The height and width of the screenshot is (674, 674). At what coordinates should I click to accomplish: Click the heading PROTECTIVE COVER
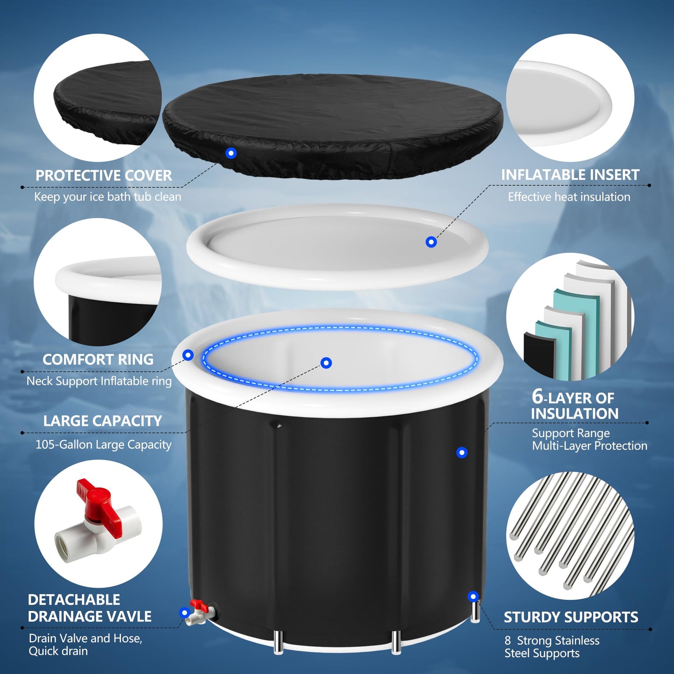click(x=104, y=175)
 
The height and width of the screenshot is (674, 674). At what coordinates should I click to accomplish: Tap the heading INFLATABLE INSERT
click(x=570, y=175)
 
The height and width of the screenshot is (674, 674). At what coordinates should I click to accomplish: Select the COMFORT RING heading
click(x=98, y=360)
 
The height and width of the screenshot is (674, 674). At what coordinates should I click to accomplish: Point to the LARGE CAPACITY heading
click(x=103, y=421)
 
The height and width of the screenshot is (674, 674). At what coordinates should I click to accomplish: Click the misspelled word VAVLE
click(x=128, y=616)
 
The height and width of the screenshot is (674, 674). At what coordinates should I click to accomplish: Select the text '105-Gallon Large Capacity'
click(x=104, y=445)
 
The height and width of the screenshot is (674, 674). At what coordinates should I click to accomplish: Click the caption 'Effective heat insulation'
click(x=569, y=197)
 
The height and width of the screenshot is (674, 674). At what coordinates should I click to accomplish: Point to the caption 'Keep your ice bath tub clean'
click(x=108, y=197)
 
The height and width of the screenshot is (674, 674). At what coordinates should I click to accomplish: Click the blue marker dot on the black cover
click(x=231, y=153)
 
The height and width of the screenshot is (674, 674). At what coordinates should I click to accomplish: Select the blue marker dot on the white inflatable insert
click(x=431, y=242)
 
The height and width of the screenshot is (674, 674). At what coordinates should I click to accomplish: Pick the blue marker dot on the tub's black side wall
click(x=462, y=452)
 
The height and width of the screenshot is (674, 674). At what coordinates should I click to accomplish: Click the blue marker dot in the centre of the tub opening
click(x=327, y=363)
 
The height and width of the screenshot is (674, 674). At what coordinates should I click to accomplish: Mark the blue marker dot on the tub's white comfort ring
click(x=188, y=355)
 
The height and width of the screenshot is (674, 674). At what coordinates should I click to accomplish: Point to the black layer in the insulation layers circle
click(x=539, y=354)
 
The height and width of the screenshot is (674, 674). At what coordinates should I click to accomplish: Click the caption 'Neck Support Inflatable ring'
click(x=99, y=381)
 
